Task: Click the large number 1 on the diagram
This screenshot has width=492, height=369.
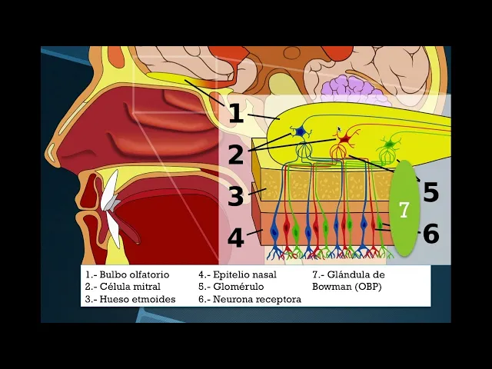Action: coord(235,114)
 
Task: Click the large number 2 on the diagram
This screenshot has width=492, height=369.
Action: coord(235,155)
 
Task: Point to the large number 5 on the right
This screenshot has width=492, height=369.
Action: coord(430,192)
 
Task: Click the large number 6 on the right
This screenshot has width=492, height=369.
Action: coord(430,233)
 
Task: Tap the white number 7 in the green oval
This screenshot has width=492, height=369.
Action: coord(404,210)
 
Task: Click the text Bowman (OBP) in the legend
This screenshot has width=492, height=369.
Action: coord(346,286)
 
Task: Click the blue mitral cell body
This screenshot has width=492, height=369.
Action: coord(301,132)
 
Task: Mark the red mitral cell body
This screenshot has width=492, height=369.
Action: coord(344,140)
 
